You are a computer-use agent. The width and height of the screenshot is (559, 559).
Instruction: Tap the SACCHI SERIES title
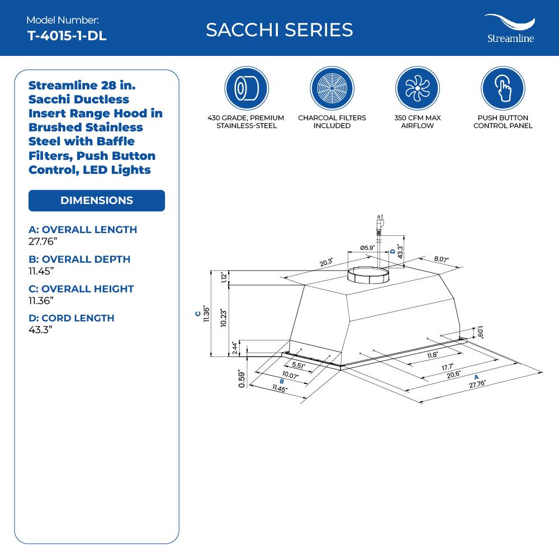[x=279, y=30]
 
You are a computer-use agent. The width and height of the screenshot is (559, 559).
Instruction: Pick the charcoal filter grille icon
[x=331, y=88]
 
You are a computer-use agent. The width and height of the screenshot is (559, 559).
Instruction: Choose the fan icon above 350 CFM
[x=417, y=88]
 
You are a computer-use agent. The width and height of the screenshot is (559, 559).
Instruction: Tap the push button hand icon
[x=503, y=88]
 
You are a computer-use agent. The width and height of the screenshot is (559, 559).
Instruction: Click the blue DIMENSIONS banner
[x=97, y=201]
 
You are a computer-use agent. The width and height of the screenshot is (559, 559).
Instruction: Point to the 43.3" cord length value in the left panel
[x=40, y=330]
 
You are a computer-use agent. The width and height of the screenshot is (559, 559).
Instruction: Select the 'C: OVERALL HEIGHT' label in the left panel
[x=81, y=289]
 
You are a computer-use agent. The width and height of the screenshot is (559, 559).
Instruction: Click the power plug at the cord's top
[x=379, y=222]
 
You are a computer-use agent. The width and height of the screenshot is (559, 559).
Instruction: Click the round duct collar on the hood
[x=368, y=275]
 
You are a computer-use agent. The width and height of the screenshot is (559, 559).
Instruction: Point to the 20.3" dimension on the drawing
[x=326, y=262]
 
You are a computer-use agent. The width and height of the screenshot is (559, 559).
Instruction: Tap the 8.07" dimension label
[x=442, y=259]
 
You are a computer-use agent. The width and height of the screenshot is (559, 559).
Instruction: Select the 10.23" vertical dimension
[x=223, y=320]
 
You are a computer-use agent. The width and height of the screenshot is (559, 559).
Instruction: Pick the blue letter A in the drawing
[x=476, y=377]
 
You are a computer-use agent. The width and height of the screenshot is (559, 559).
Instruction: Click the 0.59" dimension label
[x=241, y=378]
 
